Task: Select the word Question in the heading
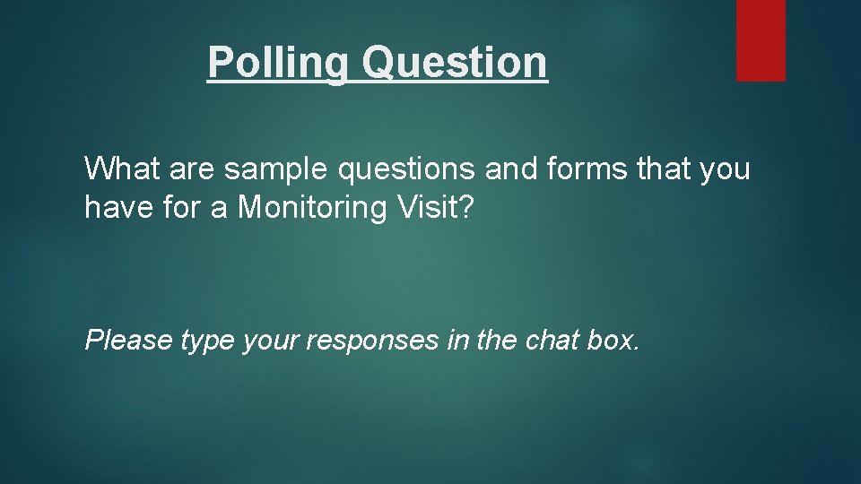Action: (x=455, y=63)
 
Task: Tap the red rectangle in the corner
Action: (x=761, y=40)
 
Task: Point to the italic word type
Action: (x=208, y=341)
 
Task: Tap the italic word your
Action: (x=273, y=341)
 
